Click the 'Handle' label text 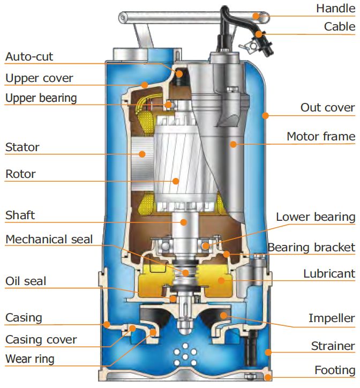pyautogui.click(x=335, y=8)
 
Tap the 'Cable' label pyautogui.click(x=339, y=27)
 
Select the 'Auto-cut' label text pyautogui.click(x=29, y=56)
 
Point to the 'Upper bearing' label pyautogui.click(x=41, y=98)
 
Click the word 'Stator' pyautogui.click(x=22, y=147)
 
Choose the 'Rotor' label pyautogui.click(x=21, y=174)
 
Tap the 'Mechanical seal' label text pyautogui.click(x=49, y=239)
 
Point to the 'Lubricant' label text pyautogui.click(x=329, y=273)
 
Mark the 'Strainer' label pyautogui.click(x=333, y=346)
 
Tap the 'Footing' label pyautogui.click(x=334, y=370)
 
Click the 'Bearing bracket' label pyautogui.click(x=311, y=248)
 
